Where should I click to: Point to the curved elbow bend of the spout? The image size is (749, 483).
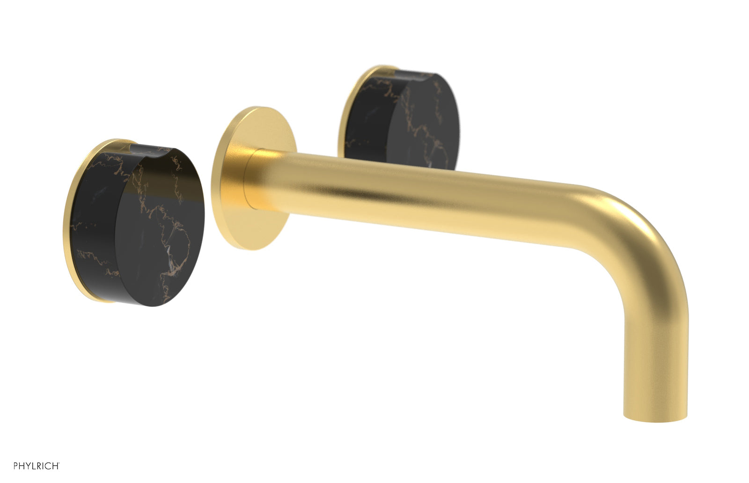[x=641, y=234]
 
